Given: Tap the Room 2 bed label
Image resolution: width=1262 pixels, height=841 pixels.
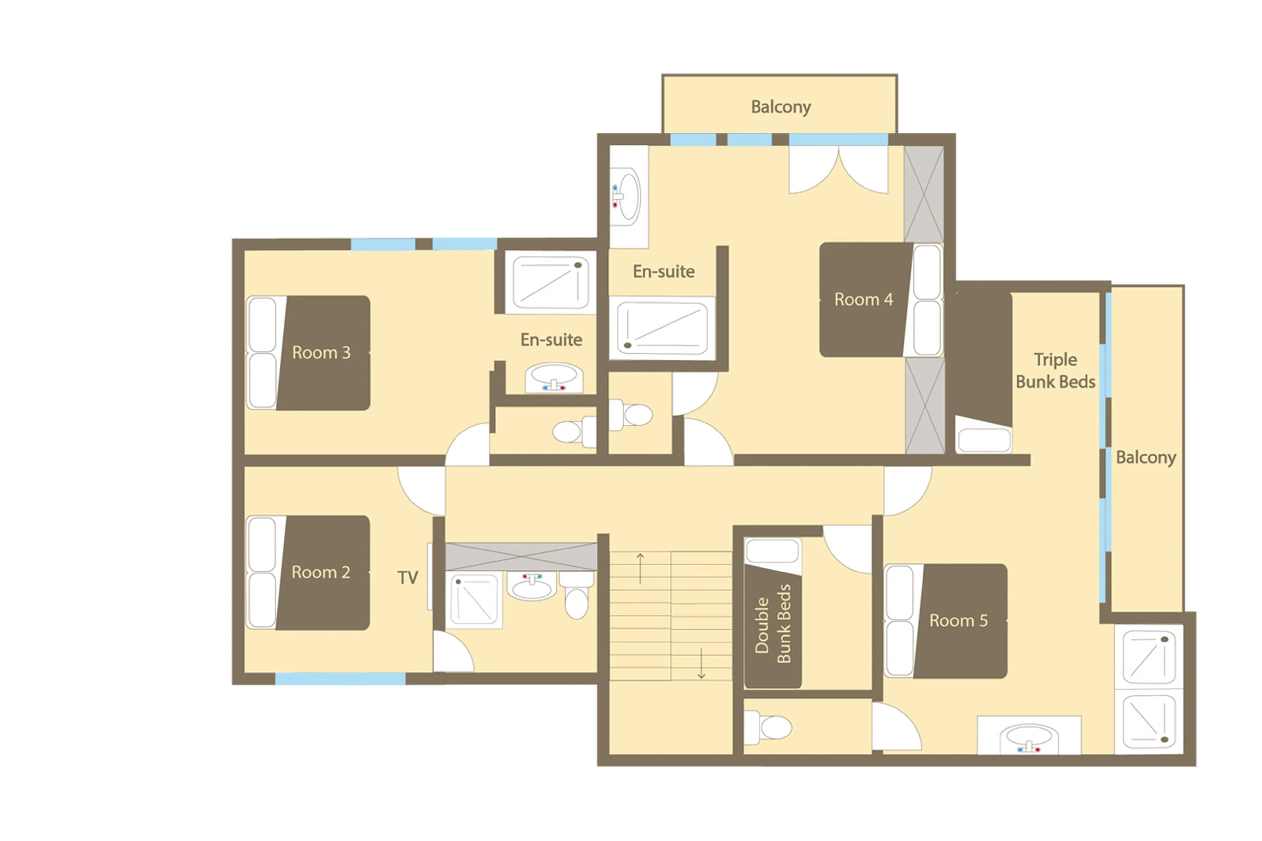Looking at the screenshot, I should pos(321,572).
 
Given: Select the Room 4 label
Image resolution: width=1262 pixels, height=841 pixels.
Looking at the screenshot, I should pos(863,299).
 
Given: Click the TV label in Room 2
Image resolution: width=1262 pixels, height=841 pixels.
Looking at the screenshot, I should pos(408,578).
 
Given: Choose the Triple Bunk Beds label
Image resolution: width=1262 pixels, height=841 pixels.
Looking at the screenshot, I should pos(1055,371).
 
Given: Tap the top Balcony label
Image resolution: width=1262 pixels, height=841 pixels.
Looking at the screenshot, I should pos(781,107).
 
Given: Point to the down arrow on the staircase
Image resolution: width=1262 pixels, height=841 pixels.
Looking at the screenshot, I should pos(701,664).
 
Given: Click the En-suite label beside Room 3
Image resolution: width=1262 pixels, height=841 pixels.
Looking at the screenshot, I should pos(551,339).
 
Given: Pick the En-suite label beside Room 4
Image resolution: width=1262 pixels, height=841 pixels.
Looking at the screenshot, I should pos(664,271).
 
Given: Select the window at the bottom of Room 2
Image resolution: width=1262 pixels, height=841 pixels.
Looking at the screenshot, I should pos(340,679).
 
